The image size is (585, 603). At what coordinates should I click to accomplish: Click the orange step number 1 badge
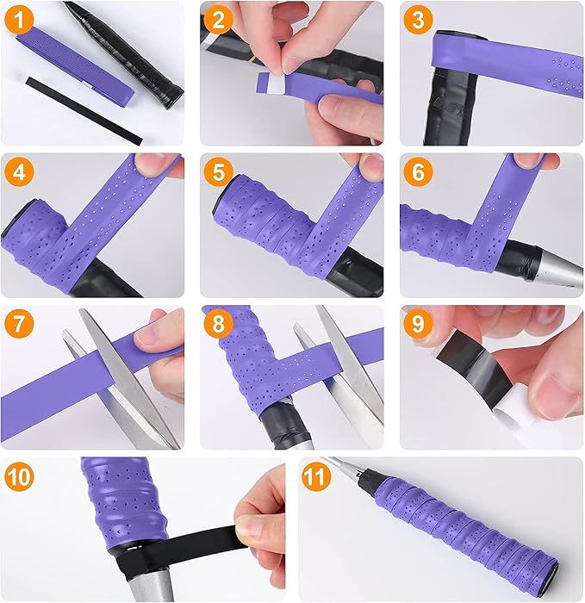point(19,19)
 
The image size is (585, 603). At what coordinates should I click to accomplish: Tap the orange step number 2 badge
point(218,19)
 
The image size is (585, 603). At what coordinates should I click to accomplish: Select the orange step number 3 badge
point(418,19)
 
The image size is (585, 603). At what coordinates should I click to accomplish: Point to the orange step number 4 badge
point(19,171)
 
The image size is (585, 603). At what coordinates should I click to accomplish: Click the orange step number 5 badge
point(218,171)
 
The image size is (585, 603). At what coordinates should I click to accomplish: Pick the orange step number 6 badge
point(418,171)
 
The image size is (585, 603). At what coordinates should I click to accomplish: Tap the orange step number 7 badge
point(19,323)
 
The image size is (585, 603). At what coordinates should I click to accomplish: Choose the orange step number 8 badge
point(218,323)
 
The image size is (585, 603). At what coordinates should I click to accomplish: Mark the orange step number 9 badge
point(418,323)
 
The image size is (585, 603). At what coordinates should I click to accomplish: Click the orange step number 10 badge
point(19,476)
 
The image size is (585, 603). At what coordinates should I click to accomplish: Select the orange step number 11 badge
point(316,476)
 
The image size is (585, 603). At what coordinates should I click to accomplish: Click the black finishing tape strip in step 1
point(84,110)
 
